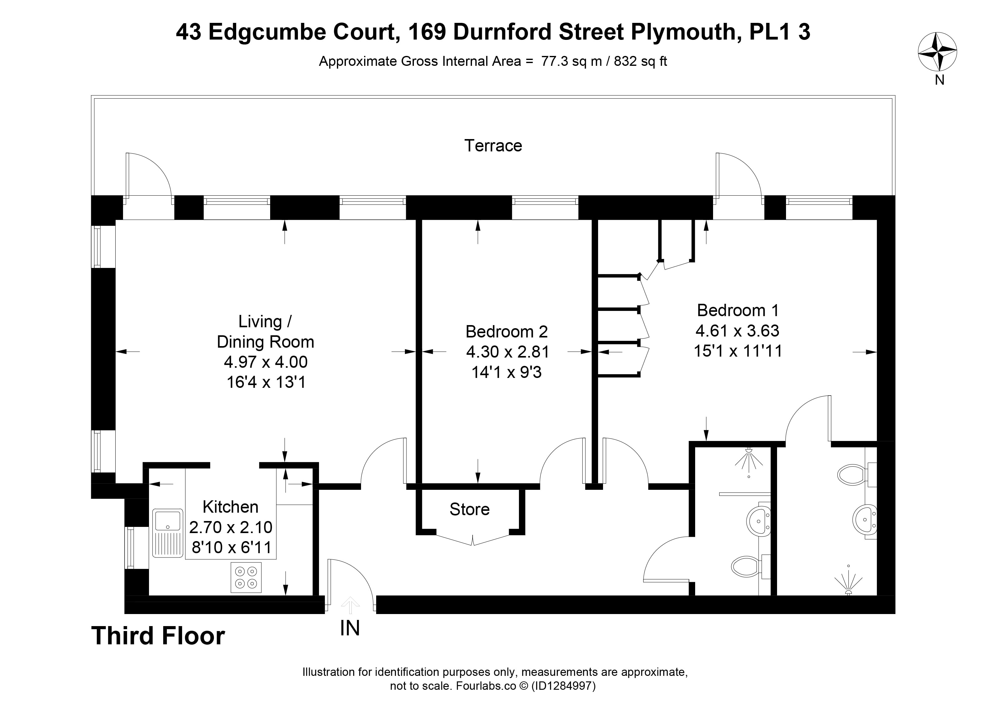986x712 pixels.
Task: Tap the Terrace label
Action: [493, 146]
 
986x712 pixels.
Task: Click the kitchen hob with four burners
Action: [246, 577]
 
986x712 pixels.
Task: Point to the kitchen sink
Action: [168, 533]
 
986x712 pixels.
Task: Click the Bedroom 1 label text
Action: [738, 310]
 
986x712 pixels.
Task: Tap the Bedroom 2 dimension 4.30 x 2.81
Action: [507, 352]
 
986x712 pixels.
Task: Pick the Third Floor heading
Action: [158, 636]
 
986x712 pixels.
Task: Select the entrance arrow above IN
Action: [350, 605]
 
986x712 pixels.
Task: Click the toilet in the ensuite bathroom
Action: [856, 475]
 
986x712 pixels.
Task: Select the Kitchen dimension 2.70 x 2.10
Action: [231, 527]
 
